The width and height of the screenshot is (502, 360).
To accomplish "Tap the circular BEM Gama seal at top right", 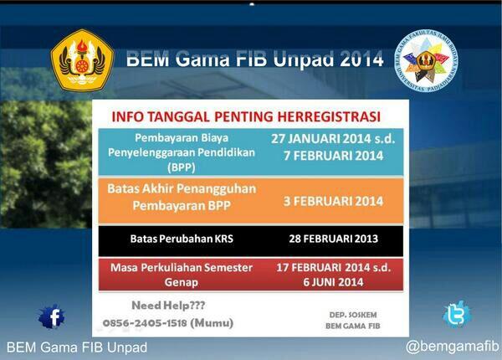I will [426, 59].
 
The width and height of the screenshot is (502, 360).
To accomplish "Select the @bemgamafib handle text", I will [452, 346].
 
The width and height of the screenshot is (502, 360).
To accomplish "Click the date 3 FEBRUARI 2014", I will [333, 201].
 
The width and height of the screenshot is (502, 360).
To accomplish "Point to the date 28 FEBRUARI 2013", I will [332, 239].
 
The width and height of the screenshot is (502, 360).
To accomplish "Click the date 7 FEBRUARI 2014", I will [333, 156].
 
